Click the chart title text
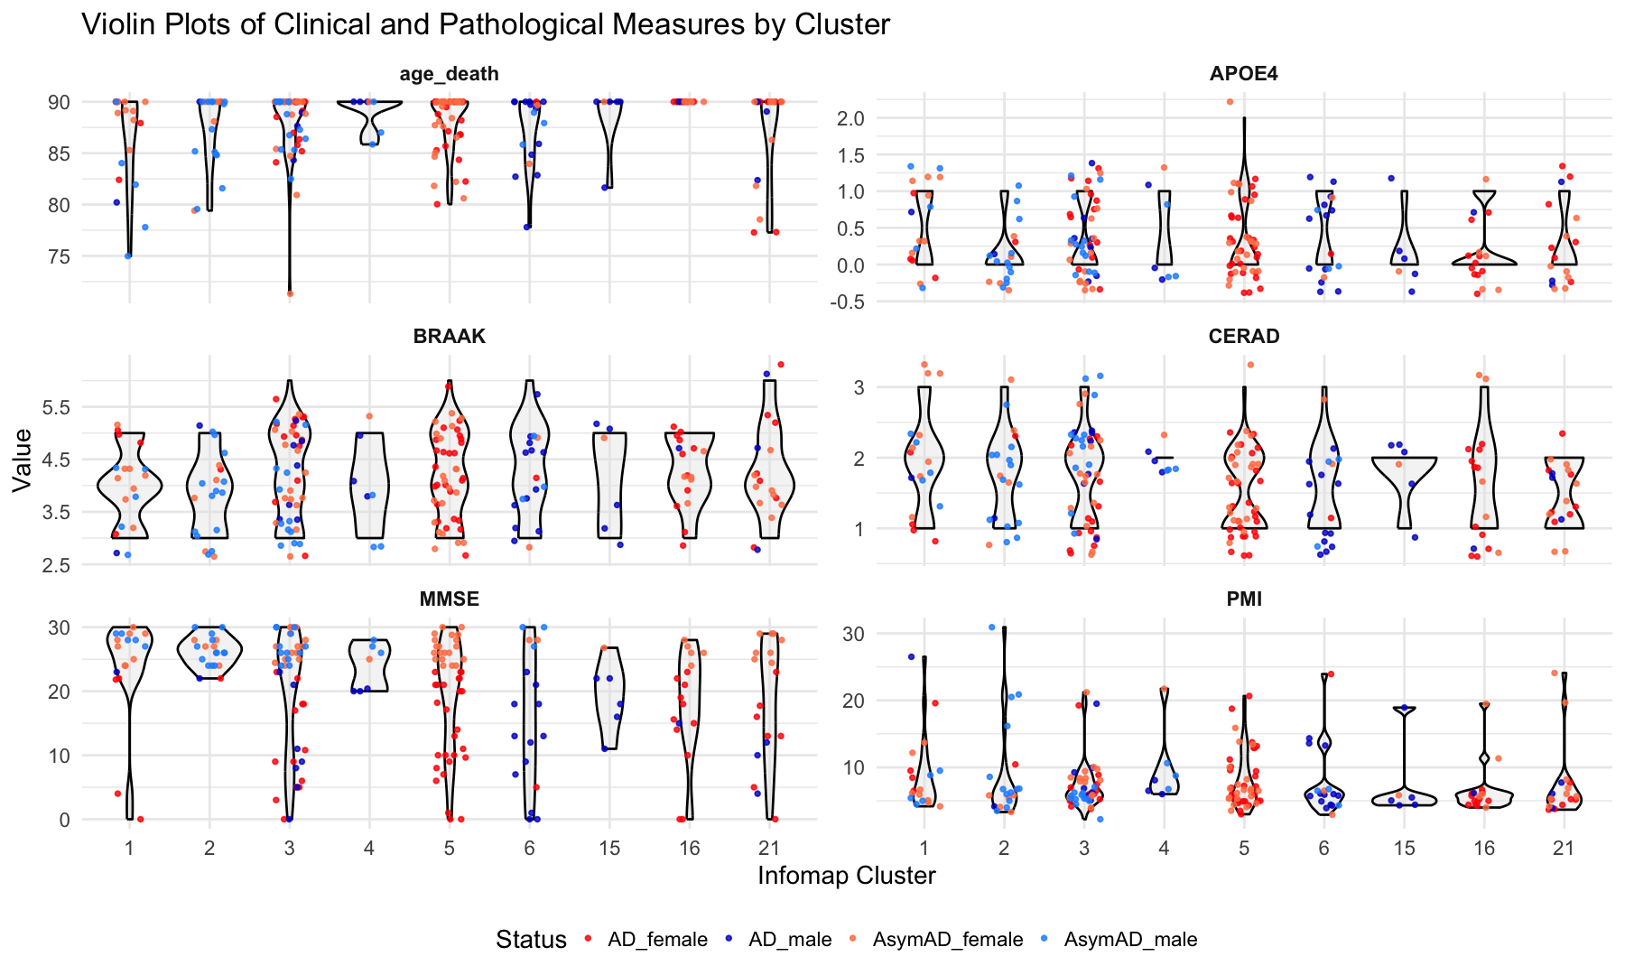(x=486, y=24)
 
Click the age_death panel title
(x=449, y=74)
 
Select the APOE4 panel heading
(x=1243, y=74)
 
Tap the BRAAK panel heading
(x=449, y=337)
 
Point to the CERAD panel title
(x=1243, y=337)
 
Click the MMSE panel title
(x=449, y=599)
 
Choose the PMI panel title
(x=1243, y=599)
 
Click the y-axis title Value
(x=23, y=460)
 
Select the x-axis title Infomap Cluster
(x=846, y=876)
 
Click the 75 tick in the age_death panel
(x=59, y=256)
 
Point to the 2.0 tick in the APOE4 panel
(x=851, y=118)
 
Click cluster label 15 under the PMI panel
(x=1404, y=848)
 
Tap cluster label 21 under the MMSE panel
(x=769, y=848)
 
